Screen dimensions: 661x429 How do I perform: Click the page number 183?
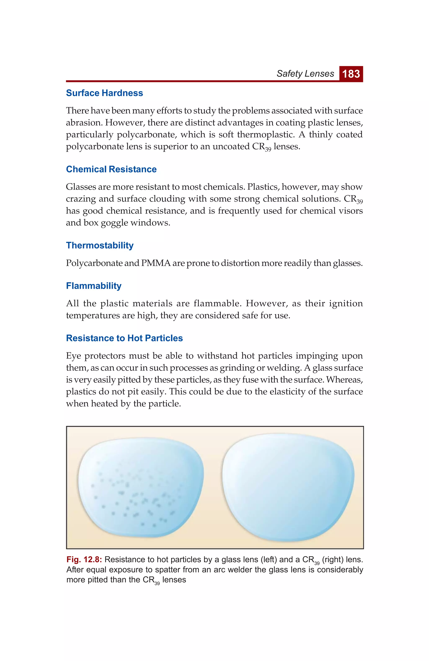click(351, 74)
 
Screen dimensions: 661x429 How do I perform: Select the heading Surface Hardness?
click(104, 93)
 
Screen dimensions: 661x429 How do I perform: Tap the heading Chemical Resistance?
click(111, 169)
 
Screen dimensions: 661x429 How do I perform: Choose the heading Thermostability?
click(99, 245)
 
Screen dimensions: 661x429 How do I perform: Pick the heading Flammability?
click(94, 286)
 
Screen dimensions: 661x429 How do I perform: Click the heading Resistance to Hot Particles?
click(124, 338)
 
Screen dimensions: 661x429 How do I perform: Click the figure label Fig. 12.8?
click(84, 559)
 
